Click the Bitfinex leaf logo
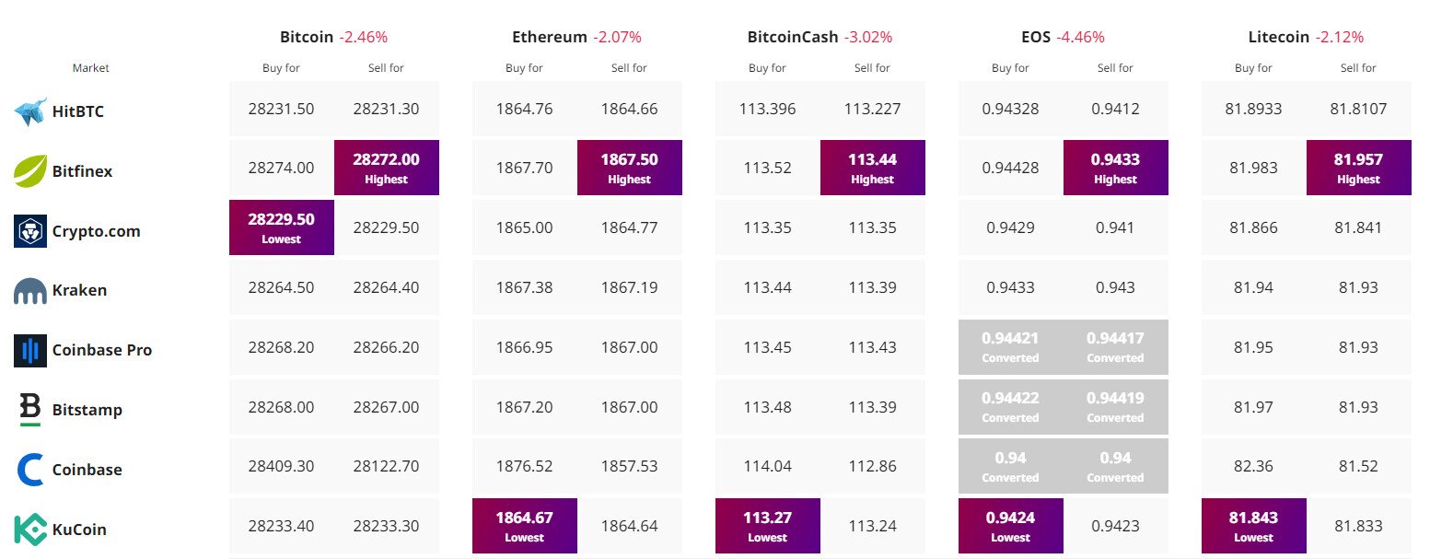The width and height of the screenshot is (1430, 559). click(30, 170)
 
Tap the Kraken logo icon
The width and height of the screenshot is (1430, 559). click(30, 290)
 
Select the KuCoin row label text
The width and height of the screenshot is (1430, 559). click(79, 530)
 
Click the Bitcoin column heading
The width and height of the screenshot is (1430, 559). click(307, 37)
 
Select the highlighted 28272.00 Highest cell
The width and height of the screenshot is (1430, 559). click(386, 168)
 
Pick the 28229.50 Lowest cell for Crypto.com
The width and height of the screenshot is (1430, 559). click(281, 227)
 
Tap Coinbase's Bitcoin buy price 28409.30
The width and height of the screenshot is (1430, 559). click(281, 466)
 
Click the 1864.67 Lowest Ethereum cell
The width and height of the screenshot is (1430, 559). click(524, 526)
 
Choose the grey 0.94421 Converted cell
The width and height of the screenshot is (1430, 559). click(1010, 347)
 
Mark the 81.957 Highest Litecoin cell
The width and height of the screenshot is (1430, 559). click(1358, 168)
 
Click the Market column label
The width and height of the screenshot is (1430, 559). click(90, 68)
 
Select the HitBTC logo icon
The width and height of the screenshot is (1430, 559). click(30, 111)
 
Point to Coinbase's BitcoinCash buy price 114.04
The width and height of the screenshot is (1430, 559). click(767, 466)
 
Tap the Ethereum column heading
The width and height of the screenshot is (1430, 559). click(549, 37)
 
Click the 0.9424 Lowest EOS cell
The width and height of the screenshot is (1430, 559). click(1010, 526)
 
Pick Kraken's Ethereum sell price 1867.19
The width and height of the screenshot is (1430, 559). click(629, 287)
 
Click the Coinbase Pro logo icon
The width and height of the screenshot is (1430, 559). click(30, 350)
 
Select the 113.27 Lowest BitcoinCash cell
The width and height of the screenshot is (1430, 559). click(767, 526)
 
